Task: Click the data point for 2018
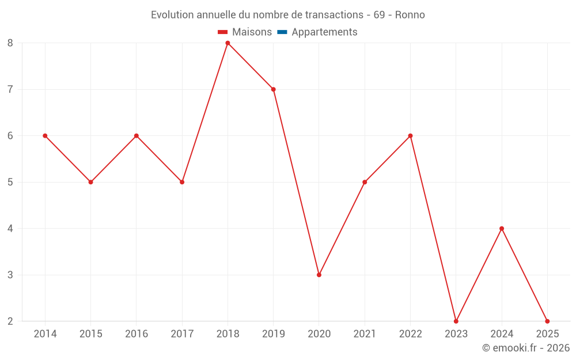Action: point(228,43)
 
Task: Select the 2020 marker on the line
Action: point(319,275)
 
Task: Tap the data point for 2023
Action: point(456,321)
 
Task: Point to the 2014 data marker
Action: point(45,136)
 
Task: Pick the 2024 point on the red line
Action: point(502,229)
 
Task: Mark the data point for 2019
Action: point(274,89)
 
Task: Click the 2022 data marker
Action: point(410,136)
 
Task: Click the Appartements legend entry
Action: point(324,32)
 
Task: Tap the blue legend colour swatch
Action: point(282,32)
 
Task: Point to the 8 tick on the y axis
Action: point(10,43)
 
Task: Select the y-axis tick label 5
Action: point(10,182)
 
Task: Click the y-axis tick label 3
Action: point(10,275)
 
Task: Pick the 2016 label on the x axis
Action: point(137,334)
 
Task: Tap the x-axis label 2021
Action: point(365,334)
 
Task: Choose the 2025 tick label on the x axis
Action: point(547,334)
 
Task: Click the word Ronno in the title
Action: point(410,15)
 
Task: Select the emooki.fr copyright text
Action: point(526,348)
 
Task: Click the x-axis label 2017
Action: point(182,334)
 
